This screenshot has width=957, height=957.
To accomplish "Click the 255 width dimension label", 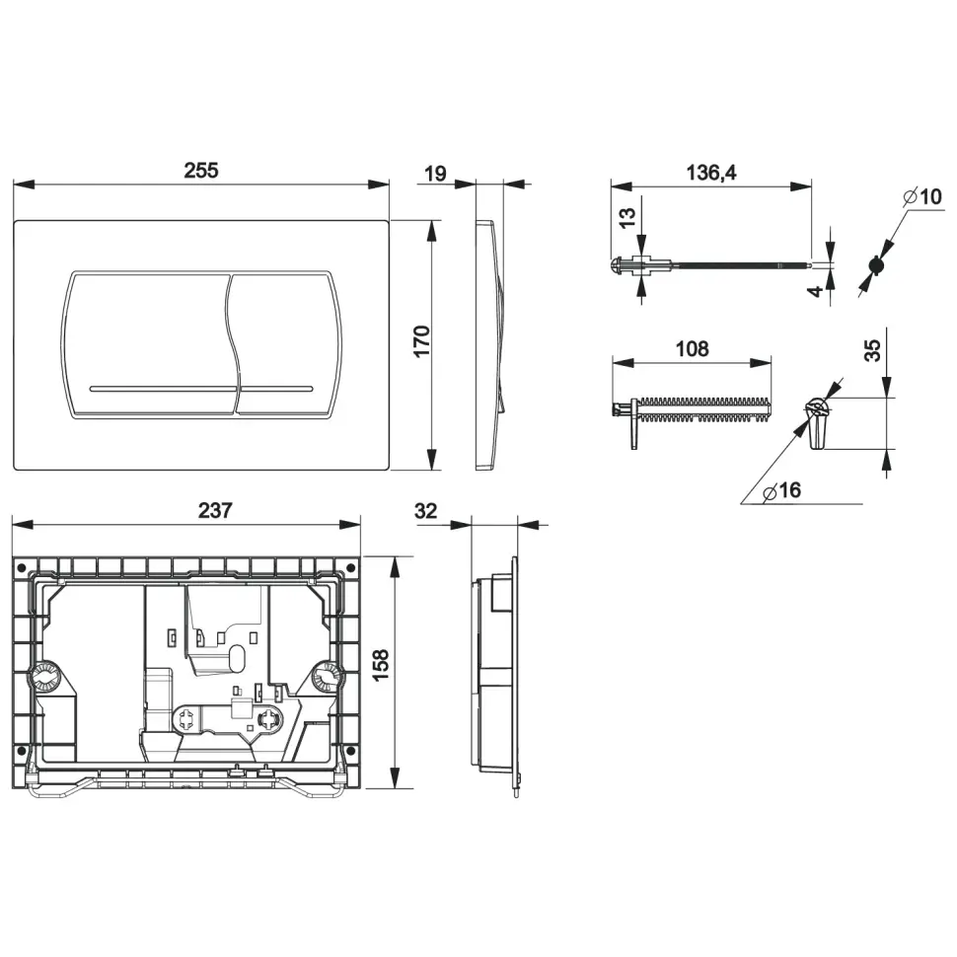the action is pos(201,171).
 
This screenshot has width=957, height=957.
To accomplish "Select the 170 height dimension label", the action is pos(421,341).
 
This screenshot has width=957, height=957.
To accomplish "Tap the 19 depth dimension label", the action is pos(435,174).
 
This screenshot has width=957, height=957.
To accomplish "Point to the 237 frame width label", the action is pos(215,510).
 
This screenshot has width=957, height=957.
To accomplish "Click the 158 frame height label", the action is pos(380,665).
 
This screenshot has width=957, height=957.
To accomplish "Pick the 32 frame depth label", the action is pos(425,511).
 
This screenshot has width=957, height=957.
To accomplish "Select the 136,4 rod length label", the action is pos(711,173).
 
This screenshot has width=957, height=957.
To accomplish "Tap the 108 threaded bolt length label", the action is pos(692,349).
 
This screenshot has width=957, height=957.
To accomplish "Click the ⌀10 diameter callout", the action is pos(922,196).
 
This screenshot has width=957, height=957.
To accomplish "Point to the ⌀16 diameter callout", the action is pos(781,490).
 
